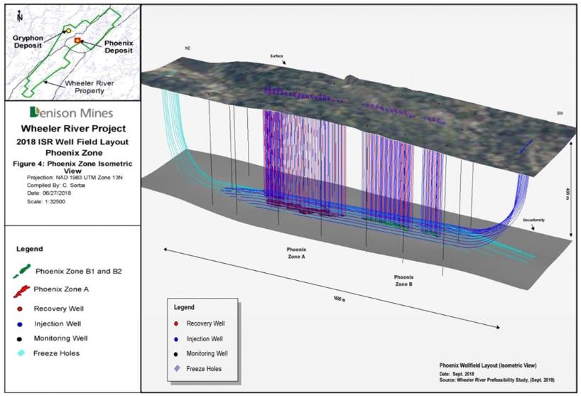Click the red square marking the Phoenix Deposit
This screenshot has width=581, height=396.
point(77,41)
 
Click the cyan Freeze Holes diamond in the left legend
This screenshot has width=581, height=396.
point(21,353)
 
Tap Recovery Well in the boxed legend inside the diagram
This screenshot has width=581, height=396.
point(206,323)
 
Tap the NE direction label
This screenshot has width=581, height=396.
point(188,48)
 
